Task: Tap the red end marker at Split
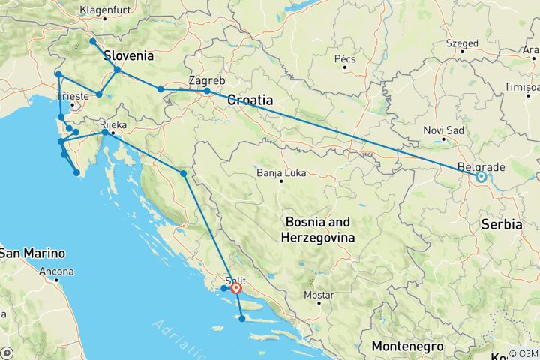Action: (x=236, y=288)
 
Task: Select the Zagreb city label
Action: (x=207, y=79)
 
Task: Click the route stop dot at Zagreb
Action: (x=207, y=91)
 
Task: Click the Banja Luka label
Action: (x=279, y=172)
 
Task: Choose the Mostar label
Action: (x=319, y=295)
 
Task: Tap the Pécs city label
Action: (x=344, y=58)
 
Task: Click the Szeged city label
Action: (x=461, y=43)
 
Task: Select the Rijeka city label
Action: (x=112, y=124)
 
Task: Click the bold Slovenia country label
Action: (x=129, y=55)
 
